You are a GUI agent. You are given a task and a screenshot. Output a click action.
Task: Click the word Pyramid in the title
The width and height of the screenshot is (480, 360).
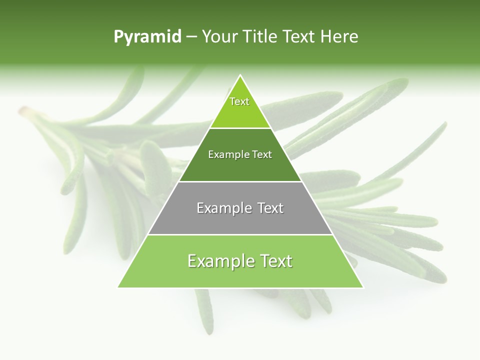pyautogui.click(x=147, y=37)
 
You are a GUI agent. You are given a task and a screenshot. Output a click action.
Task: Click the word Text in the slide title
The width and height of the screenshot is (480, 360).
pyautogui.click(x=299, y=36)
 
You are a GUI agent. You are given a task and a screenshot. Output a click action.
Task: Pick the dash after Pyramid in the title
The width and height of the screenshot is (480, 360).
pyautogui.click(x=191, y=37)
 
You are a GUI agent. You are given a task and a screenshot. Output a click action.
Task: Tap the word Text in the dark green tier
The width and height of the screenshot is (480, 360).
pyautogui.click(x=262, y=154)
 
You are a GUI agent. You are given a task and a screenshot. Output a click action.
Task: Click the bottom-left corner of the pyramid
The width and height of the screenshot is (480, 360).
pyautogui.click(x=118, y=287)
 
